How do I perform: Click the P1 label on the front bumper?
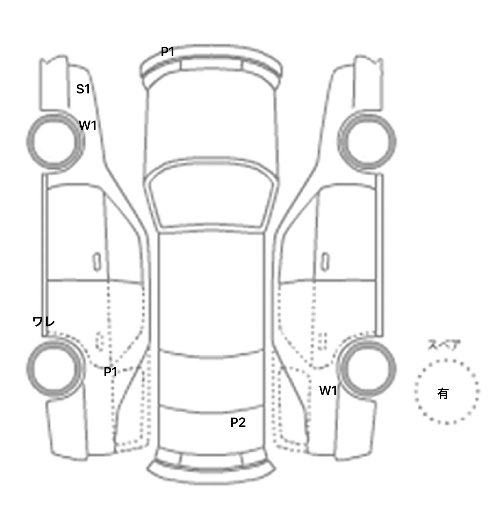tap(167, 51)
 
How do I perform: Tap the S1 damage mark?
tap(83, 89)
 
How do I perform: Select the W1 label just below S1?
tap(88, 125)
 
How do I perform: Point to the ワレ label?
tap(44, 322)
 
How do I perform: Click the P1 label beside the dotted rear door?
tap(111, 372)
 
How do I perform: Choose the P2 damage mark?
tap(238, 422)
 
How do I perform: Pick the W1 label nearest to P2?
tap(328, 390)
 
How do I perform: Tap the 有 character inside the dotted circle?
tap(443, 393)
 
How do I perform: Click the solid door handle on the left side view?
tap(97, 262)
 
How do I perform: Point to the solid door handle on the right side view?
tap(325, 262)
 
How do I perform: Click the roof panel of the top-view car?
tap(212, 292)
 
